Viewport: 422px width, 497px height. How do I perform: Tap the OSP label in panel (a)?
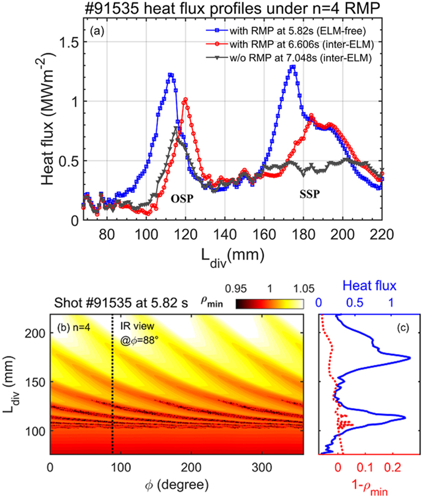pos(180,198)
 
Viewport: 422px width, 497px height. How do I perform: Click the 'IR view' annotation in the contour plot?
pos(133,328)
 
